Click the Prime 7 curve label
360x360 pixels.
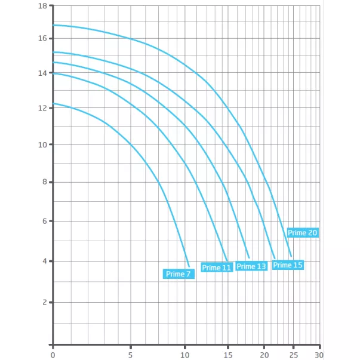click(179, 274)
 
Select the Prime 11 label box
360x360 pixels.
click(216, 267)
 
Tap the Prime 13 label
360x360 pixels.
click(251, 266)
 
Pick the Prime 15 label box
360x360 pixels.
click(288, 265)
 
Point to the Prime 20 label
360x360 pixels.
click(302, 233)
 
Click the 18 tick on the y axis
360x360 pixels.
click(42, 6)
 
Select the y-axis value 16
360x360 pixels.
click(42, 38)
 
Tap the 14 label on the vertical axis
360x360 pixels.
click(42, 73)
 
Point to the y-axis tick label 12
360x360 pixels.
click(42, 108)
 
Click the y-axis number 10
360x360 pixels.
click(42, 144)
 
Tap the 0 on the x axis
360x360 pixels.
click(53, 354)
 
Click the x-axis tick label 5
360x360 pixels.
click(130, 354)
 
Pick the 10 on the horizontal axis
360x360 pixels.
click(185, 354)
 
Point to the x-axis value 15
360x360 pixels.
click(227, 354)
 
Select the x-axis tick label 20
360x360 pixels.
click(264, 354)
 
